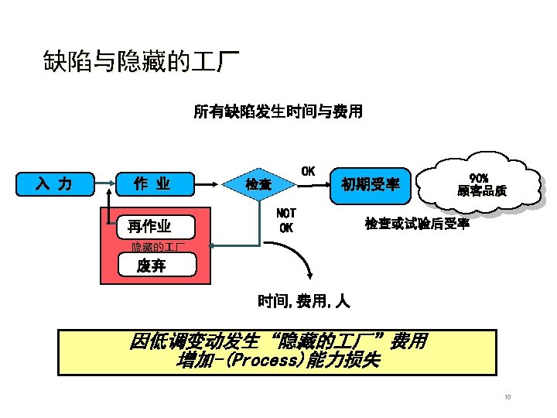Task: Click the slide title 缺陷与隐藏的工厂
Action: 141,61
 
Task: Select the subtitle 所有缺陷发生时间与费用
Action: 277,112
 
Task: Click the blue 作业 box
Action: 152,184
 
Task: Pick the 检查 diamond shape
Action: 259,185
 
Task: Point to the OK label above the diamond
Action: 307,170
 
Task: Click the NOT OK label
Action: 286,220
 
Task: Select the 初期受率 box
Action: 371,184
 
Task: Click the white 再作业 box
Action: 150,226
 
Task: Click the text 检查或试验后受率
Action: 417,224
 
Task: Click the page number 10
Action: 507,398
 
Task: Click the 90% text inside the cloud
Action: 479,177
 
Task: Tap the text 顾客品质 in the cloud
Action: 481,191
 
